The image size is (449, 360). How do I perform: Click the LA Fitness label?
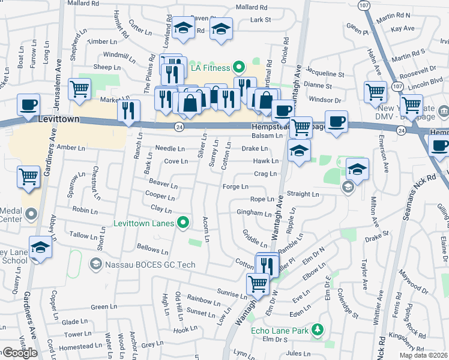211,68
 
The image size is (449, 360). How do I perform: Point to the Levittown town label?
58,120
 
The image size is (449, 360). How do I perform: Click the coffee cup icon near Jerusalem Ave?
28,104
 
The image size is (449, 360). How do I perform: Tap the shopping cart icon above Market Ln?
79,89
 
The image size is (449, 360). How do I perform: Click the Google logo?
19,353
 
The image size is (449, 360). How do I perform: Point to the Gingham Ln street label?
254,213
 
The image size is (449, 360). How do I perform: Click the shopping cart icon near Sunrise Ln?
258,283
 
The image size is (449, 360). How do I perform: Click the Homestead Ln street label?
80,346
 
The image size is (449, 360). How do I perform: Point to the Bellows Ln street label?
152,249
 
